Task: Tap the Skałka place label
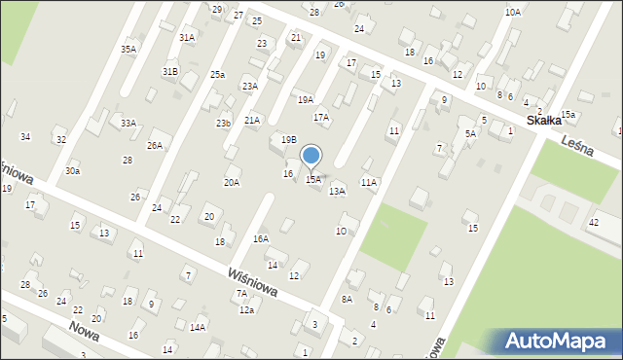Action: [544, 120]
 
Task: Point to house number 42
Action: [593, 223]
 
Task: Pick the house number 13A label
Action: [337, 192]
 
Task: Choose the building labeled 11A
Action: [368, 182]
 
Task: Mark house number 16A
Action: [260, 238]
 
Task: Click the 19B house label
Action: [288, 140]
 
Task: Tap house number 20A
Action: [232, 182]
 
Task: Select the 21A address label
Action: [252, 120]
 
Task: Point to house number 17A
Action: [320, 117]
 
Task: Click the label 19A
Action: [306, 99]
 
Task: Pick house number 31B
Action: [170, 72]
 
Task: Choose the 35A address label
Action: [128, 49]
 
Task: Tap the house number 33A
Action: [128, 124]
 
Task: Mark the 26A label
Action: [154, 145]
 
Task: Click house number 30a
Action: [73, 170]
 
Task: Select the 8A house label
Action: [347, 300]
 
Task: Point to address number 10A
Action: [513, 12]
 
